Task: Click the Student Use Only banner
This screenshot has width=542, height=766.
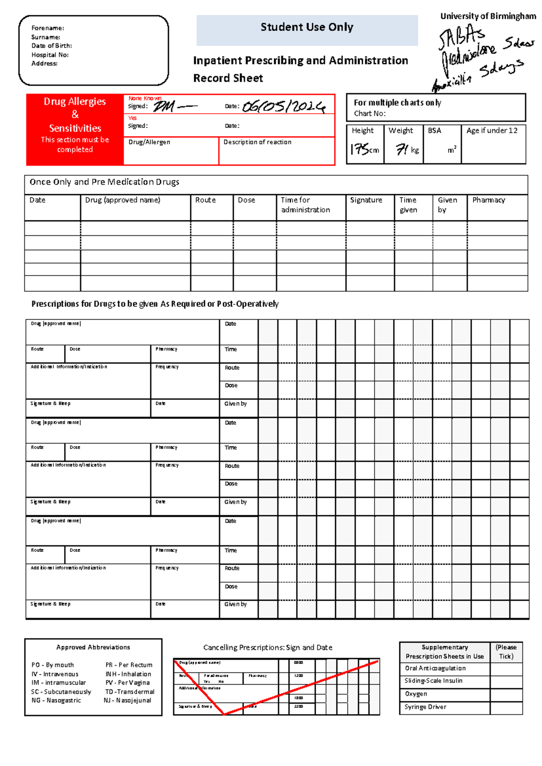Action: pyautogui.click(x=307, y=27)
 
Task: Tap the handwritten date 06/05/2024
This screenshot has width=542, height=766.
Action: pyautogui.click(x=284, y=107)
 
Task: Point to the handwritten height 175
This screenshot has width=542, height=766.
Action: pyautogui.click(x=361, y=149)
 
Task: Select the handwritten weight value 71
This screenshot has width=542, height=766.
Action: pyautogui.click(x=402, y=149)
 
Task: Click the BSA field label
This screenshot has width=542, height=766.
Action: pyautogui.click(x=435, y=131)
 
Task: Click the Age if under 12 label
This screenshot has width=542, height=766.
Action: pyautogui.click(x=492, y=131)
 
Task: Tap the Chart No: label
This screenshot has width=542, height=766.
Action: pyautogui.click(x=369, y=114)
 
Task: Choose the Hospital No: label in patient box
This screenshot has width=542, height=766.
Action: pyautogui.click(x=50, y=55)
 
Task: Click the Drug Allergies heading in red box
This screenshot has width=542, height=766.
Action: pyautogui.click(x=75, y=102)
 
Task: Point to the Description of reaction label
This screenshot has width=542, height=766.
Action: pyautogui.click(x=257, y=142)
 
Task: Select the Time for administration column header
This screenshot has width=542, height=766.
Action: pyautogui.click(x=305, y=205)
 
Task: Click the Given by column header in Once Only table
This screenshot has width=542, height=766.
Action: pyautogui.click(x=447, y=205)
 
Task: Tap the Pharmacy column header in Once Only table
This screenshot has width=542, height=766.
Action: pyautogui.click(x=489, y=200)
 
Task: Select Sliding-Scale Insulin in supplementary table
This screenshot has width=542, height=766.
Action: pyautogui.click(x=433, y=681)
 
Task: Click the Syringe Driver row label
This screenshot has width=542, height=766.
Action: pyautogui.click(x=425, y=707)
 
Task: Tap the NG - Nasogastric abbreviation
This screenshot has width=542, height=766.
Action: pyautogui.click(x=56, y=701)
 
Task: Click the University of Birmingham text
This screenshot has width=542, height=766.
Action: pyautogui.click(x=488, y=16)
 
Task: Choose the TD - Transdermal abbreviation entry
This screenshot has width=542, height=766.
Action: pyautogui.click(x=130, y=692)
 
